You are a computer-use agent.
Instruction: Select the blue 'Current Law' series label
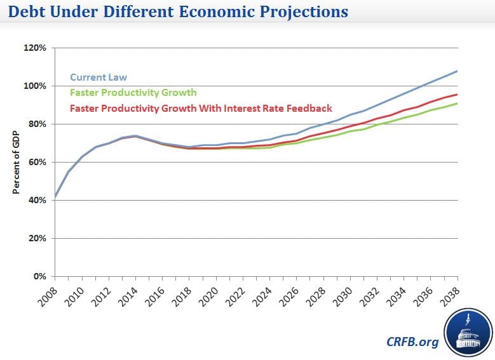[98, 77]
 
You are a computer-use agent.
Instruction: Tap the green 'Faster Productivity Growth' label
[133, 93]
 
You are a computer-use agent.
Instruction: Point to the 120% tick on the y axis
[35, 48]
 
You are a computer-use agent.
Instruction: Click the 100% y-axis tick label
[35, 86]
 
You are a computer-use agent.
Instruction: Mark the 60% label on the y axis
[37, 162]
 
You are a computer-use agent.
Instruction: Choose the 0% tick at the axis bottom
[39, 276]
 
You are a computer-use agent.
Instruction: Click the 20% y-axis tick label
[37, 238]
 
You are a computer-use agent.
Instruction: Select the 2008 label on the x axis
[47, 293]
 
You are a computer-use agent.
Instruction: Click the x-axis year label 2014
[128, 293]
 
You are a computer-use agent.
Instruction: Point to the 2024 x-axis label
[262, 293]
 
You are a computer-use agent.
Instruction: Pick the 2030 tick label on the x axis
[342, 293]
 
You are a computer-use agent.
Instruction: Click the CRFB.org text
[412, 342]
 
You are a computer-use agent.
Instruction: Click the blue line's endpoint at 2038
[457, 70]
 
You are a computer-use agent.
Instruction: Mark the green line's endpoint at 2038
[457, 103]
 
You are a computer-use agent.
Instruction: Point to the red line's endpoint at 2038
[457, 95]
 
